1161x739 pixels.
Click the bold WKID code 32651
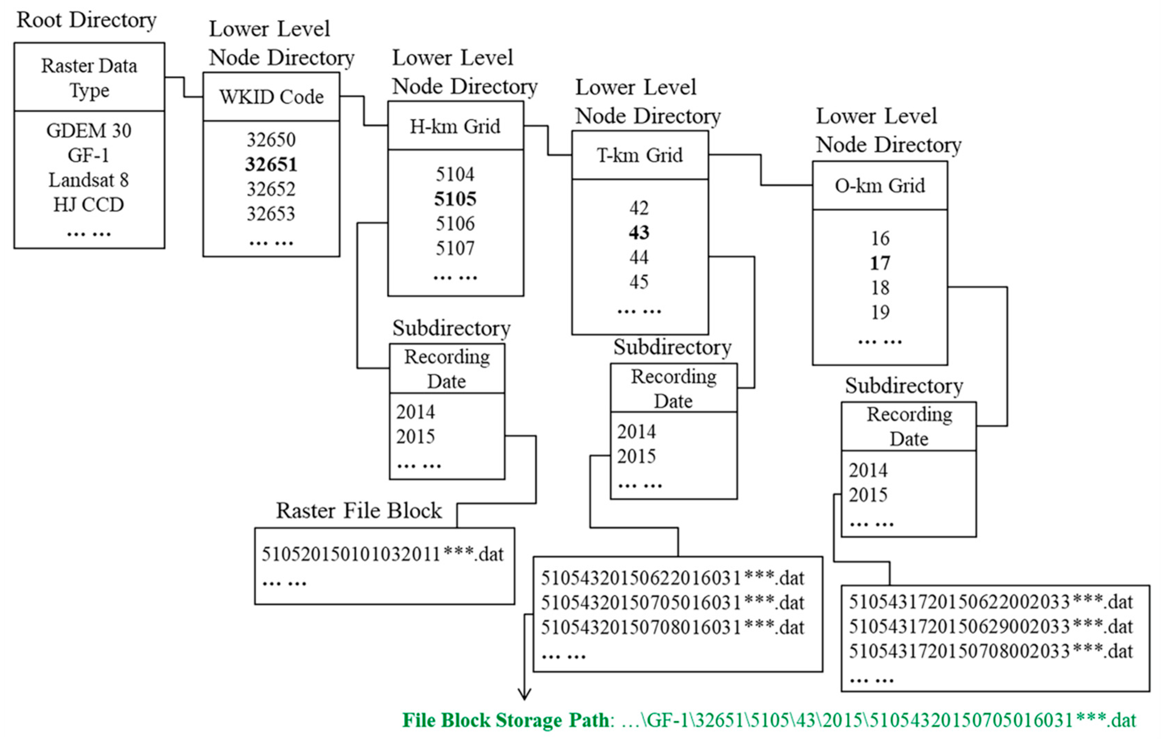tap(271, 164)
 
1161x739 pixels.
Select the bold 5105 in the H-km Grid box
tap(455, 199)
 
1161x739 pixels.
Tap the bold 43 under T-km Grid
tap(639, 233)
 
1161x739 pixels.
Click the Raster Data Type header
tap(89, 78)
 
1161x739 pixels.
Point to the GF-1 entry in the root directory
tap(89, 155)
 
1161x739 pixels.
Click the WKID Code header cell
tap(271, 97)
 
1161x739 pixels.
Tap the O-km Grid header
tap(880, 186)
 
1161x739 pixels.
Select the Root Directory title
tap(87, 20)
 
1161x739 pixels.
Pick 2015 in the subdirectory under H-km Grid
tap(416, 437)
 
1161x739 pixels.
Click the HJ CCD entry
tap(89, 205)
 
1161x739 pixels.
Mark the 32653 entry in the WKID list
tap(271, 214)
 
